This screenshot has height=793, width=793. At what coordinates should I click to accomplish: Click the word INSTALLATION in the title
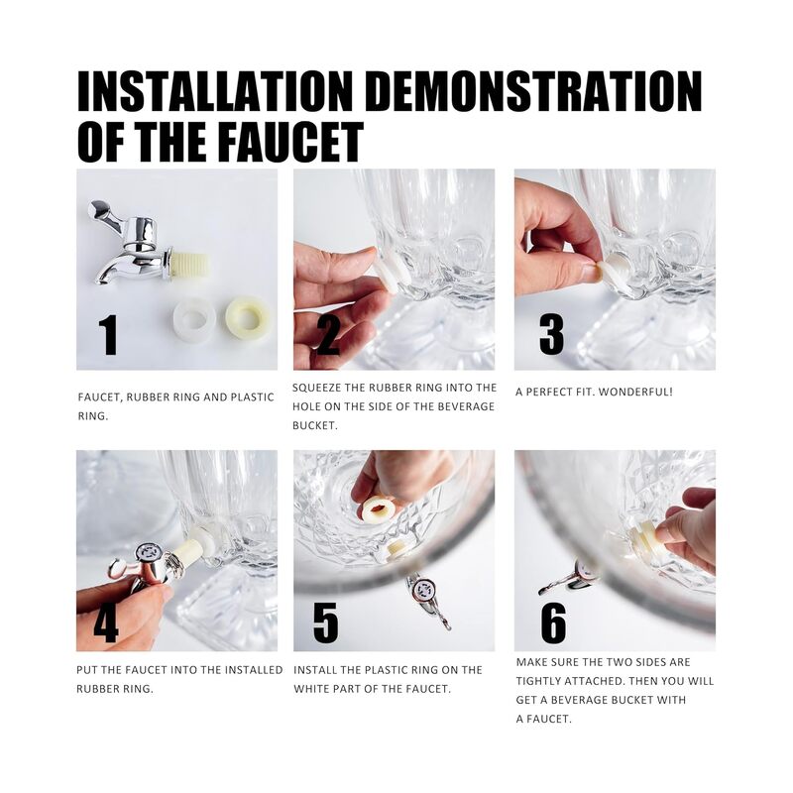pos(215,91)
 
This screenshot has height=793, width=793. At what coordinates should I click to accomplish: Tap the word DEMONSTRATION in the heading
pos(533,91)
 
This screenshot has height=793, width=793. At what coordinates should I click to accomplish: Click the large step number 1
pos(108,334)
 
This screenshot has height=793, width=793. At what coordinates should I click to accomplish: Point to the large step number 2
pos(328,334)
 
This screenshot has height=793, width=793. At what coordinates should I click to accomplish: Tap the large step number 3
pos(551,334)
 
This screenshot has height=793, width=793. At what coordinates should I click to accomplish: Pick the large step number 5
pos(326,623)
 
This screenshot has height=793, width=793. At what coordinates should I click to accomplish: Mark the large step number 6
pos(553,623)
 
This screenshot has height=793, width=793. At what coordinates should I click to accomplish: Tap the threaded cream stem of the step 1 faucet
pos(189,266)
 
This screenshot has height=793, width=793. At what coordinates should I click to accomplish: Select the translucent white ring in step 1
pos(194,318)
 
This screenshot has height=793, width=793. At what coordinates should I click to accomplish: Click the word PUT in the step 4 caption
pos(87,670)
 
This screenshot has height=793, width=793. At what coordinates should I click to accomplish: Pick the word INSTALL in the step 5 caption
pos(315,670)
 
